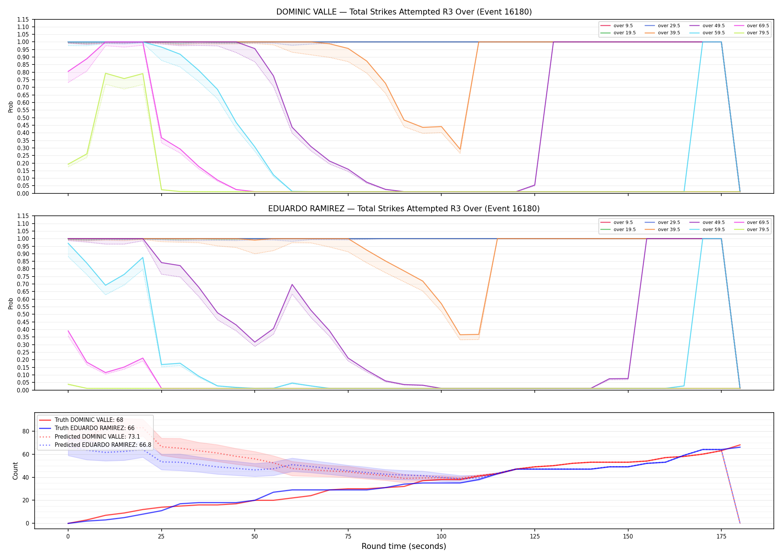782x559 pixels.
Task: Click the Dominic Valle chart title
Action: pyautogui.click(x=404, y=12)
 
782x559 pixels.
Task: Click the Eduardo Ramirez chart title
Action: pyautogui.click(x=404, y=209)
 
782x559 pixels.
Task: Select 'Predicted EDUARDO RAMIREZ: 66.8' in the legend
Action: pyautogui.click(x=95, y=445)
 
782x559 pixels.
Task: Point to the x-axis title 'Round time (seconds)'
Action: pyautogui.click(x=404, y=546)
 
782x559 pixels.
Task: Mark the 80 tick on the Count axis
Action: pyautogui.click(x=25, y=432)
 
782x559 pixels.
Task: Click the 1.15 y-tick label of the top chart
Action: pyautogui.click(x=23, y=19)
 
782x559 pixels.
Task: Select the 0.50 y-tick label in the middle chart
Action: pyautogui.click(x=23, y=315)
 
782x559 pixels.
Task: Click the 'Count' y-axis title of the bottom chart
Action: pyautogui.click(x=15, y=471)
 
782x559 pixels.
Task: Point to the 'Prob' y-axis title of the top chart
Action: pyautogui.click(x=11, y=107)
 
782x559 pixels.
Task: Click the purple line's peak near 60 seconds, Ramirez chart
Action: pyautogui.click(x=292, y=284)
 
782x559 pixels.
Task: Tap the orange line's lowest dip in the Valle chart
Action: pyautogui.click(x=460, y=149)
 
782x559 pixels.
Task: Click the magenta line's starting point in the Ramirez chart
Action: pyautogui.click(x=68, y=331)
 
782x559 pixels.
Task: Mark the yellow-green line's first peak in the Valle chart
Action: pyautogui.click(x=105, y=73)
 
